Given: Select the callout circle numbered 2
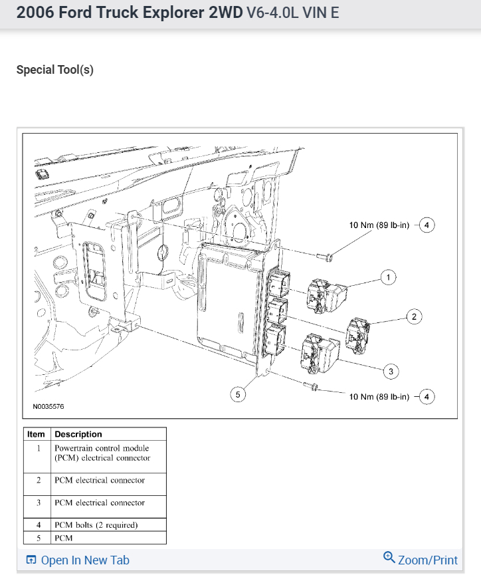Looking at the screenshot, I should [414, 316].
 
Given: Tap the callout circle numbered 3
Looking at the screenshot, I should [392, 371].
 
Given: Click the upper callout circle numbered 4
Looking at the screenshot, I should [427, 225].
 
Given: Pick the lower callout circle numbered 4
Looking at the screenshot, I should [427, 397].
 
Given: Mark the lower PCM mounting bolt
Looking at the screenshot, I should [311, 386].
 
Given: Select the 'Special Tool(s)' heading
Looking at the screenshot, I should [54, 70].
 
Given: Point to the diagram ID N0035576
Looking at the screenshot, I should [48, 406].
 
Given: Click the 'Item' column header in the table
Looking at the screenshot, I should [36, 434].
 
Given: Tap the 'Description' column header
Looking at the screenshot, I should [78, 434].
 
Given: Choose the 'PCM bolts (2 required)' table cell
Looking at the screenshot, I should [96, 525].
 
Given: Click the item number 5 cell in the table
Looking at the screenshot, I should [38, 538].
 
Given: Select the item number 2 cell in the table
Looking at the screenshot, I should [38, 481].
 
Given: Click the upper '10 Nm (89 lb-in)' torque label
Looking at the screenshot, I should [378, 225].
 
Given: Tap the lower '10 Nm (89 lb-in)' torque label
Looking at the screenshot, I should [378, 397].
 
